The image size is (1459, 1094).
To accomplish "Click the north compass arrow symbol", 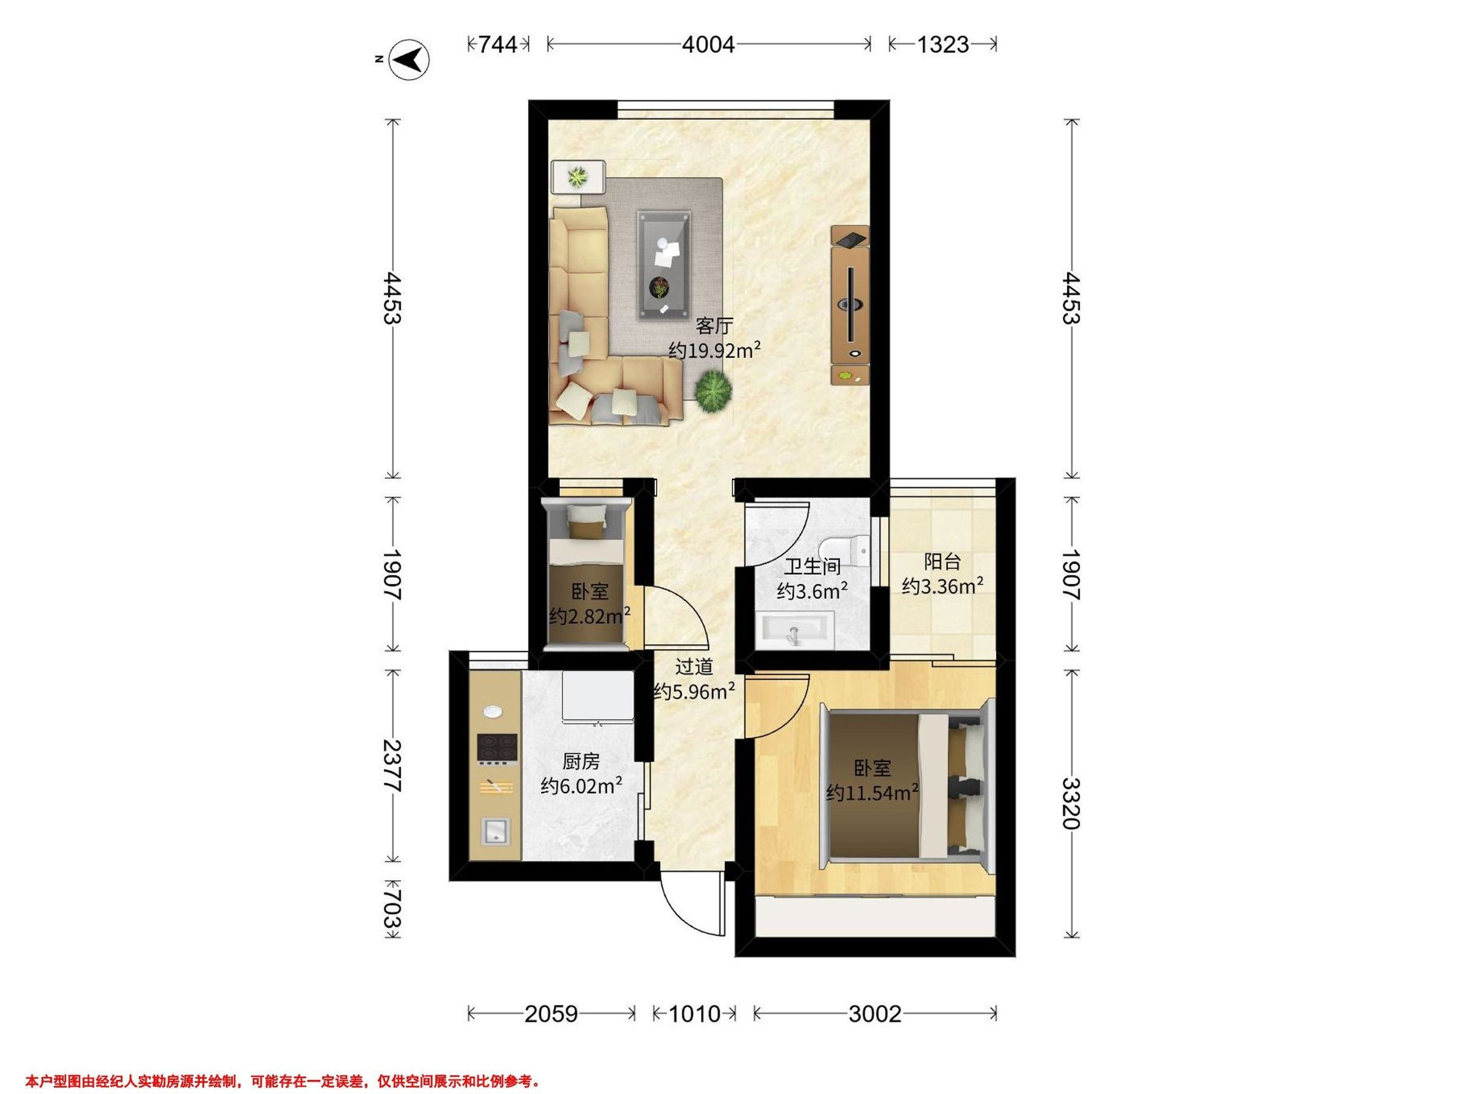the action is (x=409, y=61).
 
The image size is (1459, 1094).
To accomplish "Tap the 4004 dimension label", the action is (x=708, y=45).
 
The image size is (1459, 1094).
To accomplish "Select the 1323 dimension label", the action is (x=942, y=45).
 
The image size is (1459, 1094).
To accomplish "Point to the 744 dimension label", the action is (x=497, y=45).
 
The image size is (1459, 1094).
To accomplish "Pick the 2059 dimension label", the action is (x=551, y=1014).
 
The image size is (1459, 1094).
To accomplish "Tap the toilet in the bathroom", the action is (x=844, y=551).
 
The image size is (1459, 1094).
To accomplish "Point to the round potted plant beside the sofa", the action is (x=713, y=390).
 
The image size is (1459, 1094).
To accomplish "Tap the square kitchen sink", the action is (x=495, y=831).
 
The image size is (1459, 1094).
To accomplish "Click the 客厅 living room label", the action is (x=714, y=326).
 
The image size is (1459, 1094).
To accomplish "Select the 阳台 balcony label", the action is (x=942, y=562).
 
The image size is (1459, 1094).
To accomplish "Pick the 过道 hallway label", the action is (x=694, y=667).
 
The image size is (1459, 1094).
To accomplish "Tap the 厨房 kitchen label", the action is (x=581, y=762).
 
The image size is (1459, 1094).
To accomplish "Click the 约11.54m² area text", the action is (x=872, y=792).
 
